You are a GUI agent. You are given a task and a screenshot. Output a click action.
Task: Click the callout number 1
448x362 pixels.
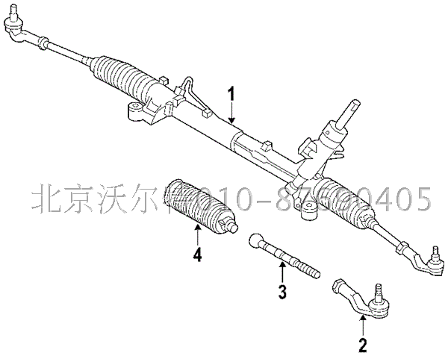pos(231,96)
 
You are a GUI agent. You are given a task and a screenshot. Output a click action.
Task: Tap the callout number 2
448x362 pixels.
pos(362,345)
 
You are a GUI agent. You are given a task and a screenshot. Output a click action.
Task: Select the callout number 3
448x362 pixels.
pos(282,292)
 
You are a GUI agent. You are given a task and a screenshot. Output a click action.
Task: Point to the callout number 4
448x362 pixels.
pos(197,255)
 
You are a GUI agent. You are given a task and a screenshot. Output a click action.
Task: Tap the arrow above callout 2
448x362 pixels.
pos(362,325)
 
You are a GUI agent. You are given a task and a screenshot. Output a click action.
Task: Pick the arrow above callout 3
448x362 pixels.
pos(282,272)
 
